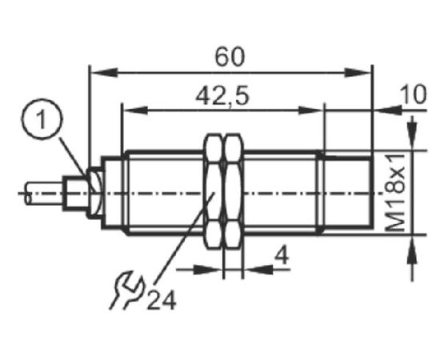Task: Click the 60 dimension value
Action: (x=230, y=57)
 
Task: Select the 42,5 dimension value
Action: (x=222, y=96)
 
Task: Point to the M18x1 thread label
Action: (x=396, y=192)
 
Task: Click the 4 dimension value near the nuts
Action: (x=282, y=256)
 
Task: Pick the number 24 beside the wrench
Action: (x=162, y=300)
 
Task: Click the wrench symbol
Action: (x=126, y=290)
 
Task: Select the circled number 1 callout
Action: (x=42, y=119)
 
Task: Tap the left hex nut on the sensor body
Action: (x=214, y=191)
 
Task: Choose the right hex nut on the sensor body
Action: (x=234, y=191)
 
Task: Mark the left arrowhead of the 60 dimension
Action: (x=104, y=72)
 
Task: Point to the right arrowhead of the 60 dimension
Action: (x=358, y=72)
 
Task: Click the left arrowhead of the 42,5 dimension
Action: (x=135, y=110)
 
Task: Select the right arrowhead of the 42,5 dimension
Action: (x=310, y=110)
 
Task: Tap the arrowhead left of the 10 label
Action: (x=388, y=110)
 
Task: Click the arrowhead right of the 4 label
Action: (x=258, y=270)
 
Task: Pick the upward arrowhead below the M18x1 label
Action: (x=412, y=250)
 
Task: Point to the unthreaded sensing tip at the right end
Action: (x=347, y=193)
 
